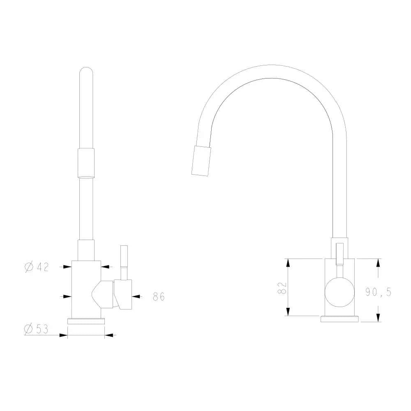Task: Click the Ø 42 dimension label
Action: [37, 267]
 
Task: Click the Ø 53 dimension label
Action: [36, 329]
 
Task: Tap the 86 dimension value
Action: [159, 296]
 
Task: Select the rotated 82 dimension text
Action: [282, 288]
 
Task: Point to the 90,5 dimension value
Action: [378, 292]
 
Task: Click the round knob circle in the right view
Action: [340, 292]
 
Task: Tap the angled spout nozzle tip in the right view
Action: [201, 161]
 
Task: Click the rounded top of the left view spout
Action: [86, 71]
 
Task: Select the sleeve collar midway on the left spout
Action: [86, 163]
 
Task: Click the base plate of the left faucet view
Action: [86, 321]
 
